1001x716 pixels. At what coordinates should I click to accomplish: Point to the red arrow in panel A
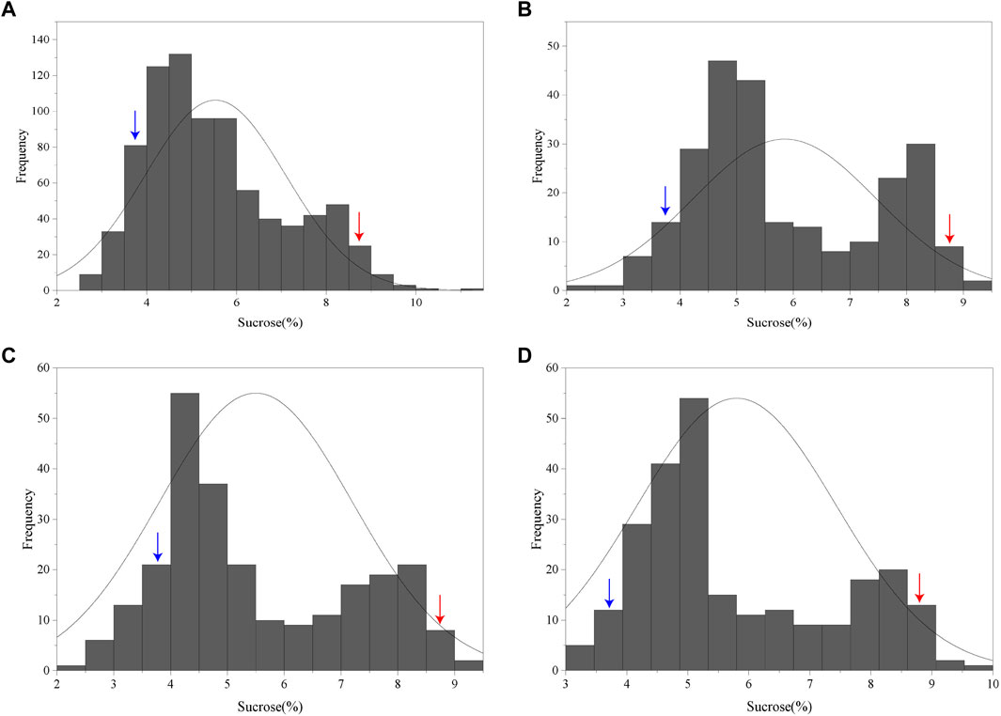click(359, 226)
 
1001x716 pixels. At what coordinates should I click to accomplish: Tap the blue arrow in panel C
click(158, 547)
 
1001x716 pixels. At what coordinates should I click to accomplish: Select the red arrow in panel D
click(919, 587)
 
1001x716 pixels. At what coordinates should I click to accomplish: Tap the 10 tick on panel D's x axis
click(992, 684)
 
